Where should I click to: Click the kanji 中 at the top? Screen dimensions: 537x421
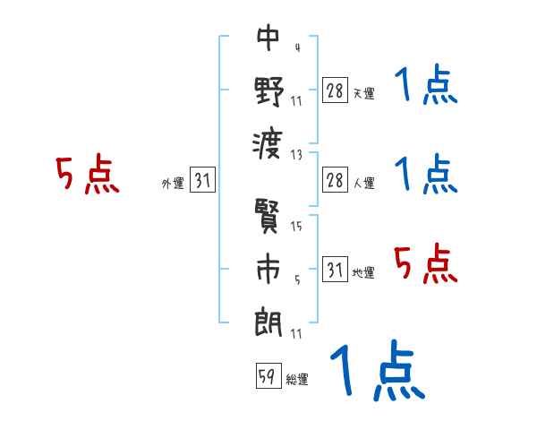click(x=268, y=39)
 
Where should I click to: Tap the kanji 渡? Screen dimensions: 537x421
click(x=268, y=141)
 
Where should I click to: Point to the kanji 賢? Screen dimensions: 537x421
click(x=268, y=217)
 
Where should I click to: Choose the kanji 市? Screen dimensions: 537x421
click(x=268, y=269)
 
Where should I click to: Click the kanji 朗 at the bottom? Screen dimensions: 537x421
click(x=268, y=320)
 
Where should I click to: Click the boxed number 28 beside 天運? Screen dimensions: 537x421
click(x=334, y=91)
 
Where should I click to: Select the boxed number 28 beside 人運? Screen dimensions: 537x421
click(x=334, y=181)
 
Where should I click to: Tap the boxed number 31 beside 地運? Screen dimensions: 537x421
click(x=334, y=271)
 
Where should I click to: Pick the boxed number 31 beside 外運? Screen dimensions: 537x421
click(x=202, y=181)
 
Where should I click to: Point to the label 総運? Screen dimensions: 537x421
click(x=297, y=380)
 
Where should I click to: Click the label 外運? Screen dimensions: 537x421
click(x=172, y=184)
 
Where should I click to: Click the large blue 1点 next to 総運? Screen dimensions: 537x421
click(x=376, y=372)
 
